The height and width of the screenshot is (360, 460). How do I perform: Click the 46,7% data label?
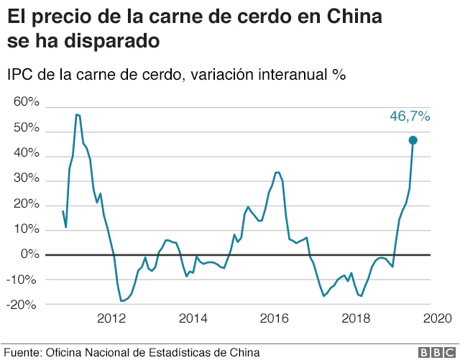click(x=410, y=116)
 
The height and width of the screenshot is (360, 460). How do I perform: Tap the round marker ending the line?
click(x=413, y=140)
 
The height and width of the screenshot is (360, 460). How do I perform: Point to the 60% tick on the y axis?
click(x=27, y=102)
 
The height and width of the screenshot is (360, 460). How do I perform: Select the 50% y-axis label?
click(x=27, y=127)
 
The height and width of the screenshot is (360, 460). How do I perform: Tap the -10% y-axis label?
click(x=24, y=280)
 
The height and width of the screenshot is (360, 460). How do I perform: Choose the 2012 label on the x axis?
click(x=111, y=318)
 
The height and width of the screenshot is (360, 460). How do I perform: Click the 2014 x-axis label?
click(x=193, y=318)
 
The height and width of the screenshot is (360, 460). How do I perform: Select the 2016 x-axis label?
click(x=274, y=318)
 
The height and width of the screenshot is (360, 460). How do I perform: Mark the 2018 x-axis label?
click(x=355, y=318)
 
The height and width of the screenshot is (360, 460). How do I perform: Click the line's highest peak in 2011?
click(x=77, y=114)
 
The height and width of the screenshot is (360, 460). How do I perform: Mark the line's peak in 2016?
click(x=277, y=172)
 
